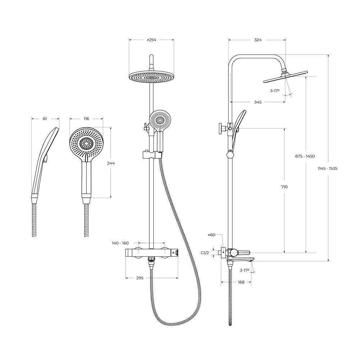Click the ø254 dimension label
[x=151, y=40]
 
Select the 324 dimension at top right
[x=258, y=40]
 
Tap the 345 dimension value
[x=258, y=102]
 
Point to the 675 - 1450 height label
[x=305, y=156]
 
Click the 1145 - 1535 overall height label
[x=327, y=168]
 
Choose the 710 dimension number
[x=284, y=187]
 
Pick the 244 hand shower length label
[x=111, y=163]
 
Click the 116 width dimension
[x=86, y=119]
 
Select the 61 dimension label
[x=45, y=119]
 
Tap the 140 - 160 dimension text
[x=120, y=243]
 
